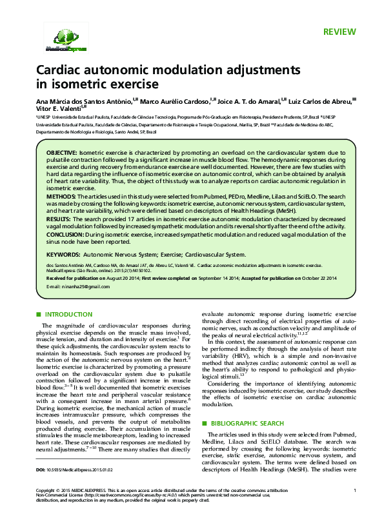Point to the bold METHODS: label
tap(61, 194)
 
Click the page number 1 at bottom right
tap(354, 491)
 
